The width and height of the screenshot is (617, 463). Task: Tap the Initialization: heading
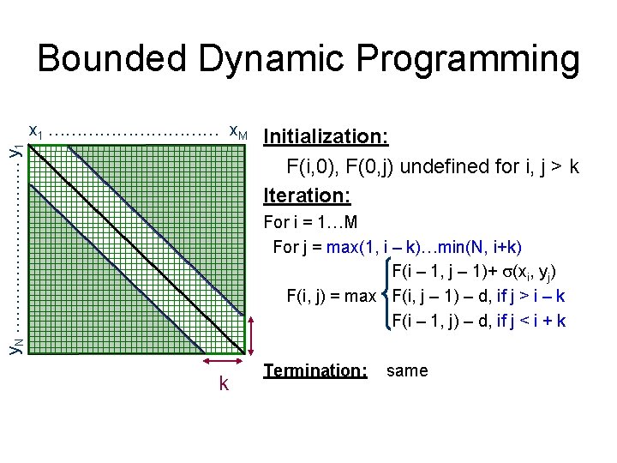pos(326,137)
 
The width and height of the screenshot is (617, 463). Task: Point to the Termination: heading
pos(315,371)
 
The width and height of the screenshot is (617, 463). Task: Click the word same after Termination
pos(407,371)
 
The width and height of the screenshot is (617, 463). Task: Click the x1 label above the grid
pos(36,131)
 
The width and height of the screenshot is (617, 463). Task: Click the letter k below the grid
pos(224,383)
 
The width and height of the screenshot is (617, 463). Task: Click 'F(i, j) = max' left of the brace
pos(331,298)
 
